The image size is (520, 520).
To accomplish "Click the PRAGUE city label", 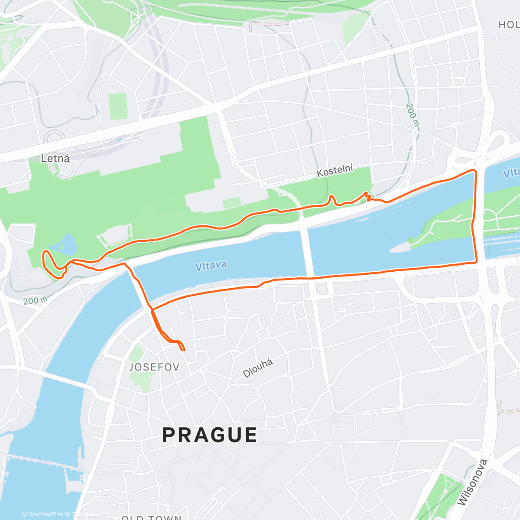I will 210,435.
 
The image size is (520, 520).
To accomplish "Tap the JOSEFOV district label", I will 154,367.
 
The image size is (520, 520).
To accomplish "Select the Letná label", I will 55,158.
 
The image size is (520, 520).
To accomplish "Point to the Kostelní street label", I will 335,171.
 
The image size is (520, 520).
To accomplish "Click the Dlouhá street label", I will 258,368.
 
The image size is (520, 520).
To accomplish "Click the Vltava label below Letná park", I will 211,265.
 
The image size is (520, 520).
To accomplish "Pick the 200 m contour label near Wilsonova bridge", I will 413,115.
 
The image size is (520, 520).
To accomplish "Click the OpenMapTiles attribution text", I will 42,514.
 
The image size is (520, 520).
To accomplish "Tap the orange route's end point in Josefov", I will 184,349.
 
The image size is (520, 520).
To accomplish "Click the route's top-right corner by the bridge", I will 474,172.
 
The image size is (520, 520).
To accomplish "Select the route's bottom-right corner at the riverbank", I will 476,262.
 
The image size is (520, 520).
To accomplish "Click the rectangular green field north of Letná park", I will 118,106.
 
